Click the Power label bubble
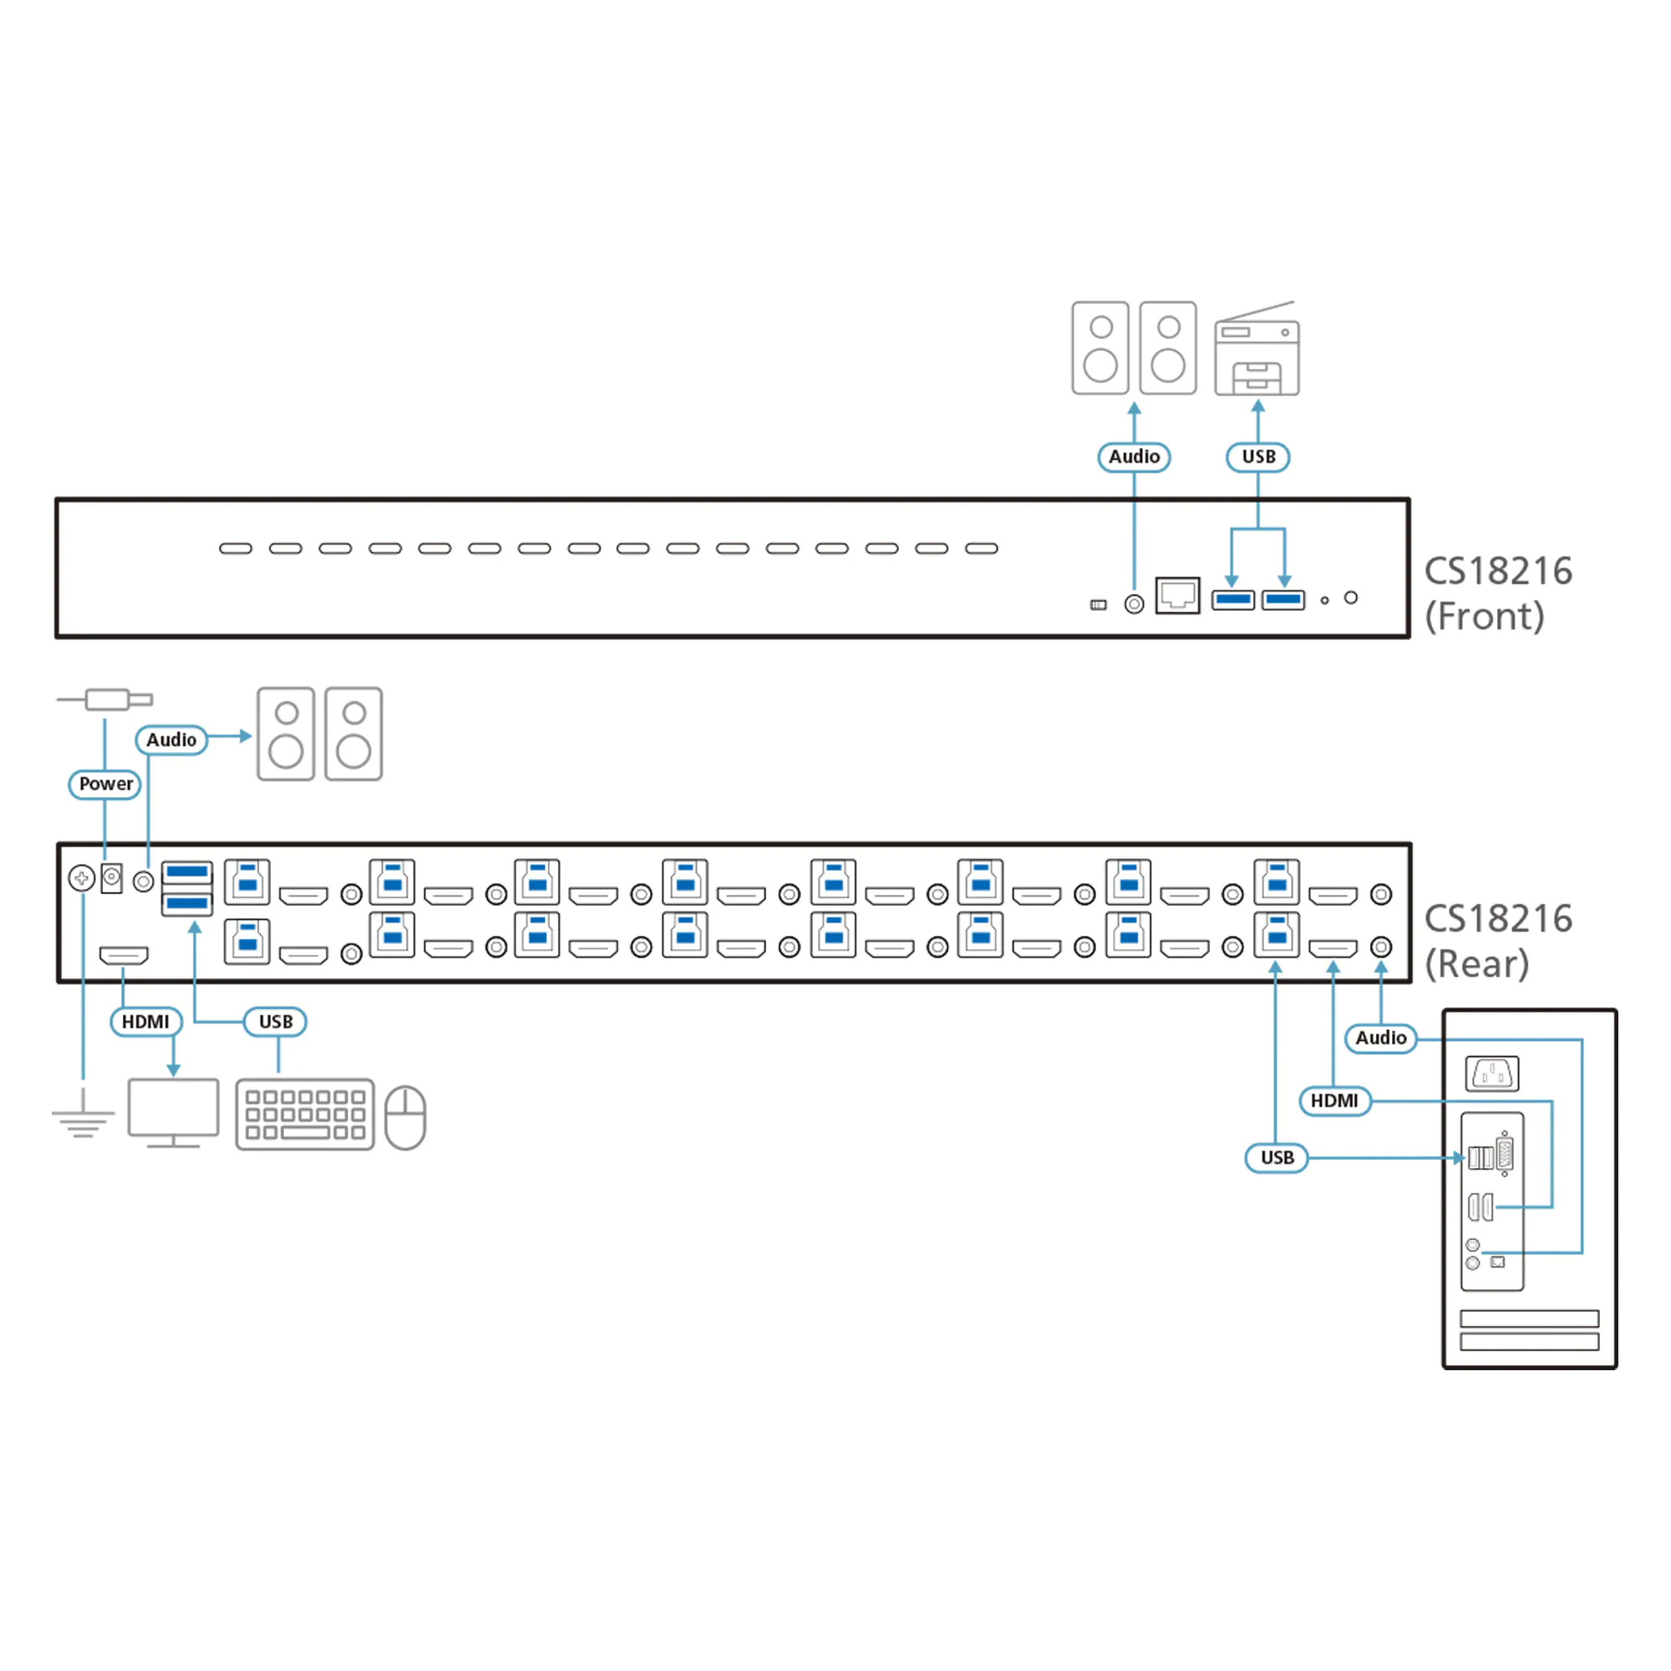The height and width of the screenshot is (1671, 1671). point(105,784)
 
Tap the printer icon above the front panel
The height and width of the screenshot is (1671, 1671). point(1257,350)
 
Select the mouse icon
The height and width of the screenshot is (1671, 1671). point(404,1117)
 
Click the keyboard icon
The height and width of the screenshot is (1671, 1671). point(304,1114)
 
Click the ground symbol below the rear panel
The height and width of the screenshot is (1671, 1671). point(83,1115)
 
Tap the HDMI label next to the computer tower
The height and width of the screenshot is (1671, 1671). point(1333,1101)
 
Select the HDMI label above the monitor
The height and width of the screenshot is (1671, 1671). point(145,1022)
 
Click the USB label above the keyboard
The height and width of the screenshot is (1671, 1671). point(276,1022)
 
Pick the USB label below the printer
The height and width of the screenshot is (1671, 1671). point(1258,457)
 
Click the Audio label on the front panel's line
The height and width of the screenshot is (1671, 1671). point(1134,457)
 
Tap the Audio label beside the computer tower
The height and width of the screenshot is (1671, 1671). point(1380,1038)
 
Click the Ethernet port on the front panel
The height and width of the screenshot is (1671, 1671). point(1177,595)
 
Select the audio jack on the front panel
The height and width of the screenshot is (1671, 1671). point(1134,604)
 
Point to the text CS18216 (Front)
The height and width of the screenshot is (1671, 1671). point(1497,593)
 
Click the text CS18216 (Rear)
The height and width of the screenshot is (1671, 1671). point(1497,941)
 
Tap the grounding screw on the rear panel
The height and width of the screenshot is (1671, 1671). point(81,879)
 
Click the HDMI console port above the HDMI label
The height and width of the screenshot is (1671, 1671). point(124,955)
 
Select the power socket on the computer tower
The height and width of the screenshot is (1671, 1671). point(1493,1074)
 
